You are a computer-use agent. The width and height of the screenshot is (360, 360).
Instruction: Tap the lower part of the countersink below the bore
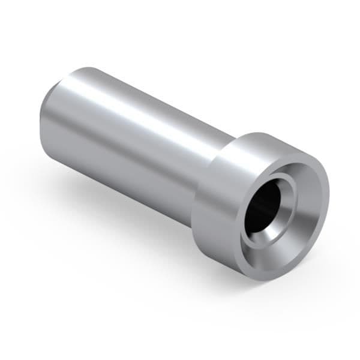pos(270,246)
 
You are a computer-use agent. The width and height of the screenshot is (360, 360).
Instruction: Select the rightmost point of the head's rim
pos(329,192)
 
